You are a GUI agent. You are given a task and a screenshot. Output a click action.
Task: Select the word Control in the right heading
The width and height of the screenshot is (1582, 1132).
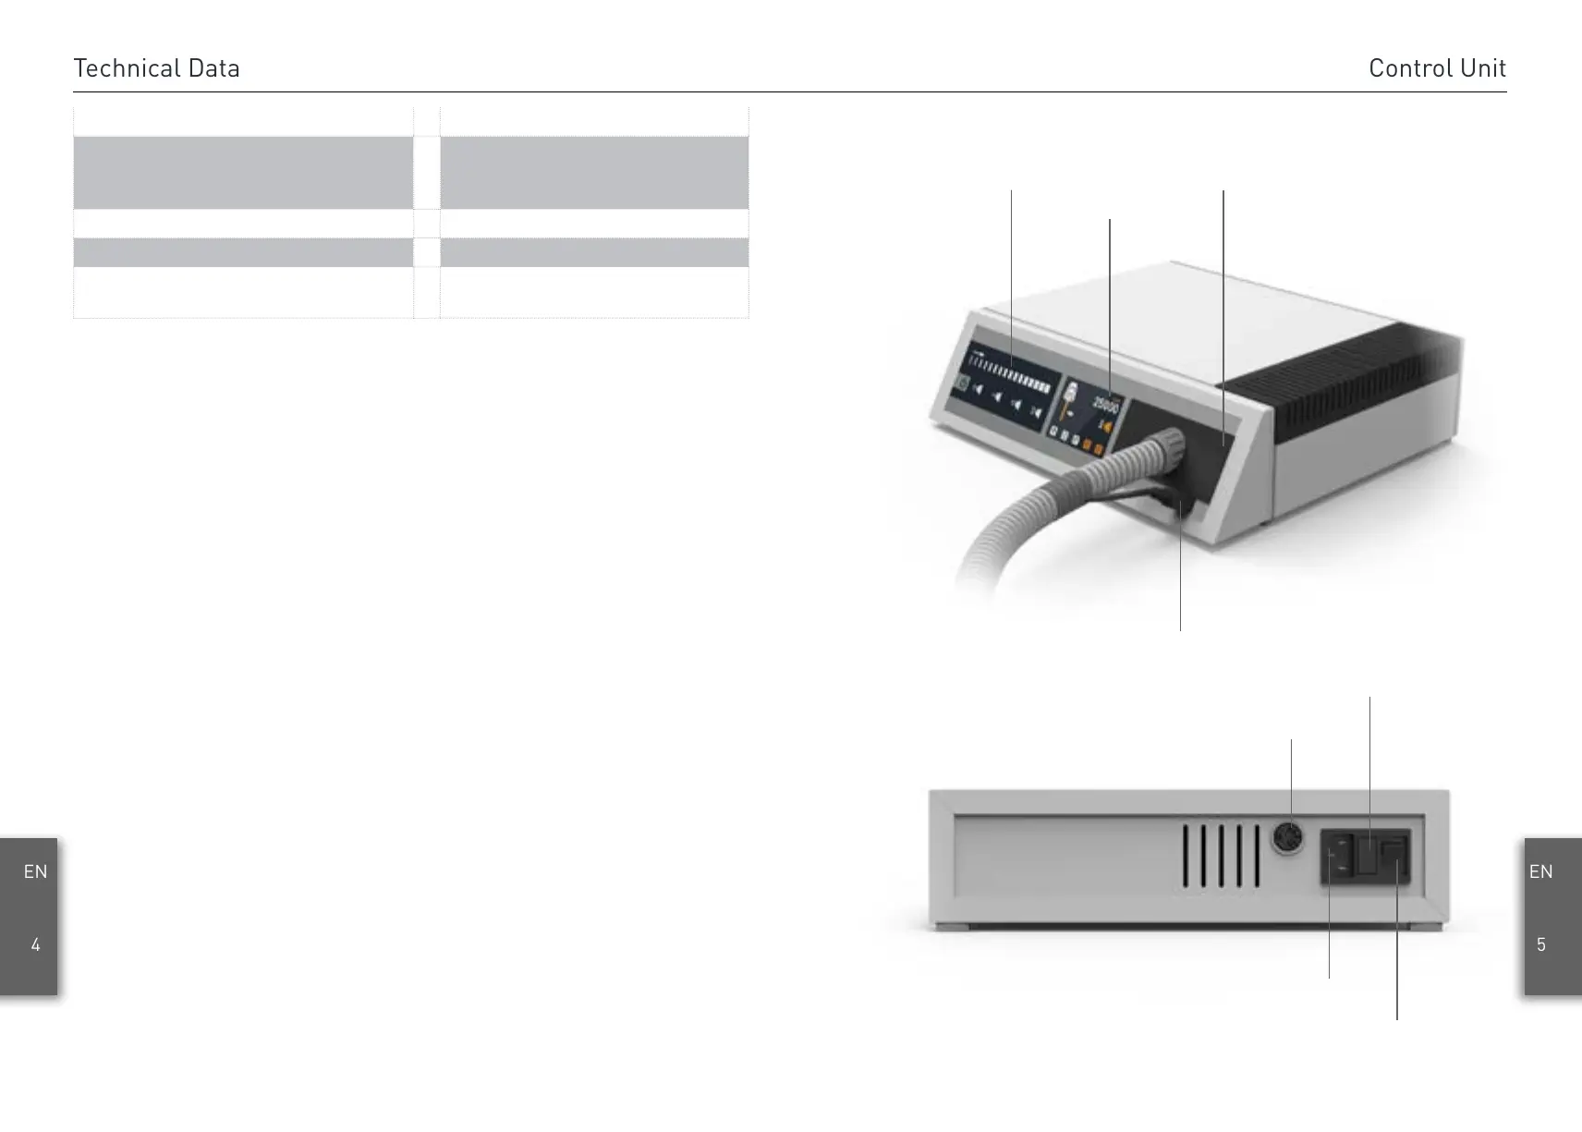pos(1406,68)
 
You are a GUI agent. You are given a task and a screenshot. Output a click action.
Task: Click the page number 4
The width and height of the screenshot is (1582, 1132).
pos(35,944)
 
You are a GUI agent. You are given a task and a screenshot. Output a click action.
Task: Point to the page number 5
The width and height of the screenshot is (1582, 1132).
pos(1540,944)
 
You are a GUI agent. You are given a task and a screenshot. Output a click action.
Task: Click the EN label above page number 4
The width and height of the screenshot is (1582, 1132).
pos(35,871)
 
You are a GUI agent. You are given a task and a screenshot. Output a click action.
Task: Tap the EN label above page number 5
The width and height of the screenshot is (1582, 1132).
pos(1540,871)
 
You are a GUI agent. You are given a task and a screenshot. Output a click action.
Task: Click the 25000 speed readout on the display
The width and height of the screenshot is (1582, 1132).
pos(1105,404)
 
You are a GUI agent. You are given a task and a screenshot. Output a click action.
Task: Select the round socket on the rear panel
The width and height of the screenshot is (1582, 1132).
pos(1287,838)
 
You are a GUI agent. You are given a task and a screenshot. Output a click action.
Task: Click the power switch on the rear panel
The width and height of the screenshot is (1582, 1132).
pos(1394,857)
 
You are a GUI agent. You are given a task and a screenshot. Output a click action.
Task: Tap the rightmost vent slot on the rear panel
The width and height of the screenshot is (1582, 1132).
pos(1257,857)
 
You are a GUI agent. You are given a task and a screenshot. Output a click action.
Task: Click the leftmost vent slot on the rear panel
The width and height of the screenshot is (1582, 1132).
pos(1186,857)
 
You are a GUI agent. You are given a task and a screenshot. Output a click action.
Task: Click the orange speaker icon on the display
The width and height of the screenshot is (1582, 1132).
pos(1105,427)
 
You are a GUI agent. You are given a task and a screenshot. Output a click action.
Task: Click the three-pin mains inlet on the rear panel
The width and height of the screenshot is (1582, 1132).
pos(1336,857)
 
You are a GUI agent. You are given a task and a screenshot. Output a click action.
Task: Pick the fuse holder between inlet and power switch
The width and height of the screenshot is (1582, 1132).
pos(1365,857)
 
